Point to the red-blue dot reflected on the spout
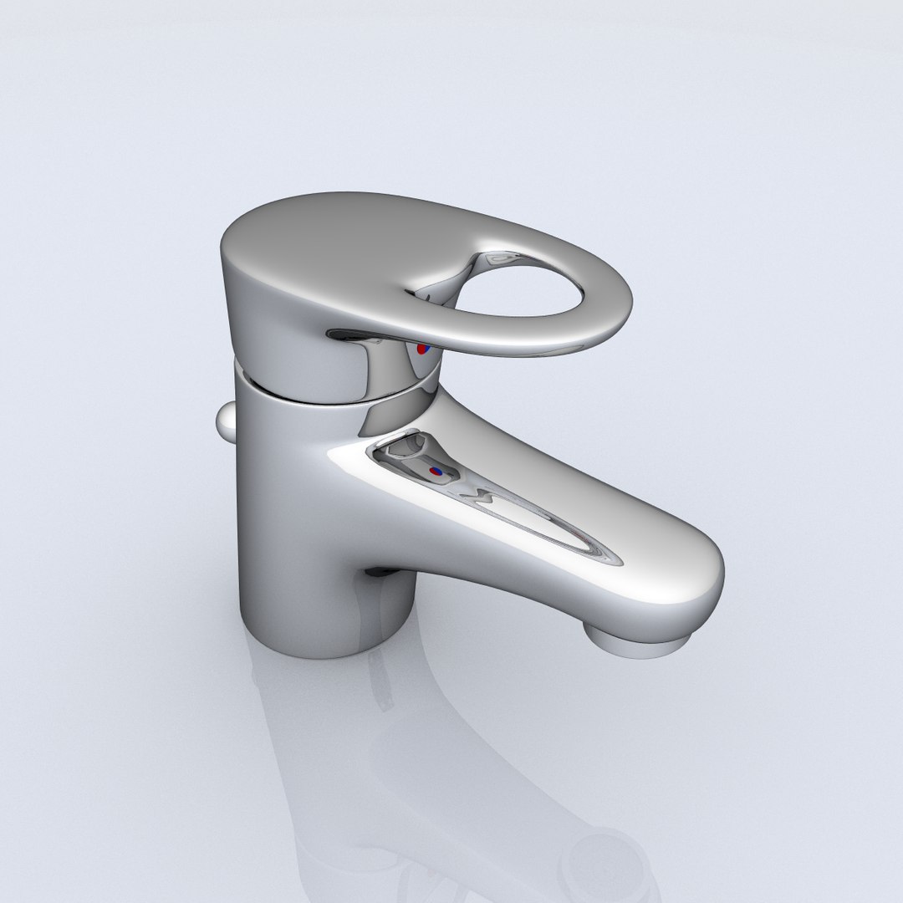[435, 472]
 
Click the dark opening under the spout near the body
[380, 573]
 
